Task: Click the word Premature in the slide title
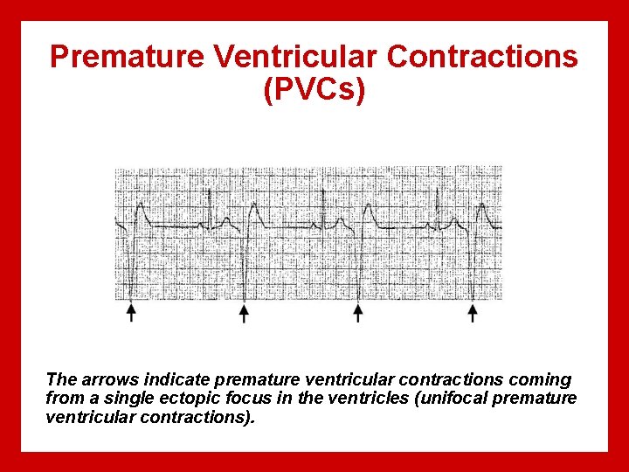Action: (128, 57)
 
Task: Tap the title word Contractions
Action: (482, 57)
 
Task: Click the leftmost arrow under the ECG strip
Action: (131, 312)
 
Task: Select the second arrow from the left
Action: (245, 312)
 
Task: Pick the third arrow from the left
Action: (358, 312)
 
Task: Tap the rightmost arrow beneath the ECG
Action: (473, 312)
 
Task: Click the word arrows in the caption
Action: (106, 380)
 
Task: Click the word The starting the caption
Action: (61, 380)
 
